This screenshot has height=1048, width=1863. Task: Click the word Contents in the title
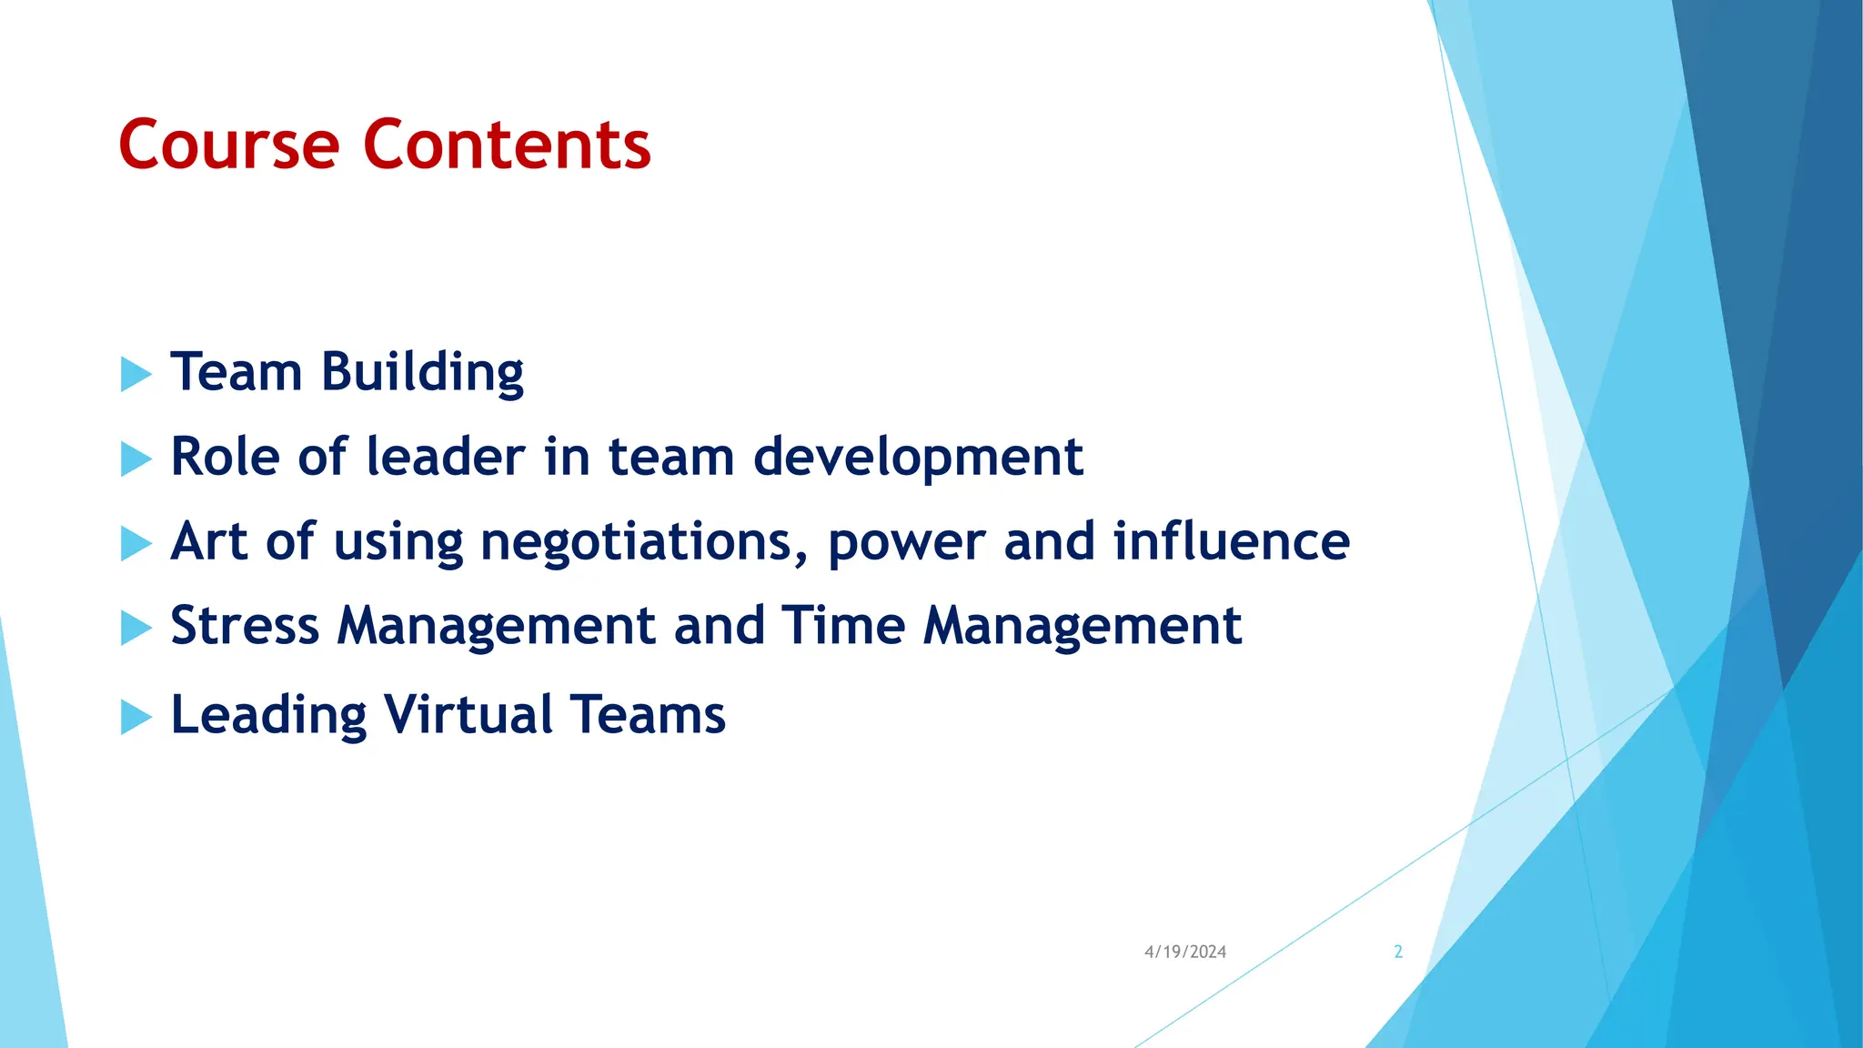(507, 146)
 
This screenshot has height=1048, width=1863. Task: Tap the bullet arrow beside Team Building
(135, 374)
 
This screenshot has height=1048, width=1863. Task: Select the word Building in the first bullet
(422, 374)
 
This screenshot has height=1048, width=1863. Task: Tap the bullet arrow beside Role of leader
(135, 458)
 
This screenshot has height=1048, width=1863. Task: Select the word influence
(1232, 541)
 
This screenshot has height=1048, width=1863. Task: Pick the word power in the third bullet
(906, 543)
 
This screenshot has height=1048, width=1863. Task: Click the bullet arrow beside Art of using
(135, 543)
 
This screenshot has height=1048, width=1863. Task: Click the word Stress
(245, 627)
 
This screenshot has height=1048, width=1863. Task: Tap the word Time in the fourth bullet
(842, 627)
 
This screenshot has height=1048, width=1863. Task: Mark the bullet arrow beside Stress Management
(135, 628)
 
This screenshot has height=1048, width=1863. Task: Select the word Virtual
(468, 715)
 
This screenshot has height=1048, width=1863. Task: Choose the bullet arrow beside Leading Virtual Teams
(135, 717)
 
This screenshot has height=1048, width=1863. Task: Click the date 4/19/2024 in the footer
(1184, 952)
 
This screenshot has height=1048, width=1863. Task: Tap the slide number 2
(1398, 952)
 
